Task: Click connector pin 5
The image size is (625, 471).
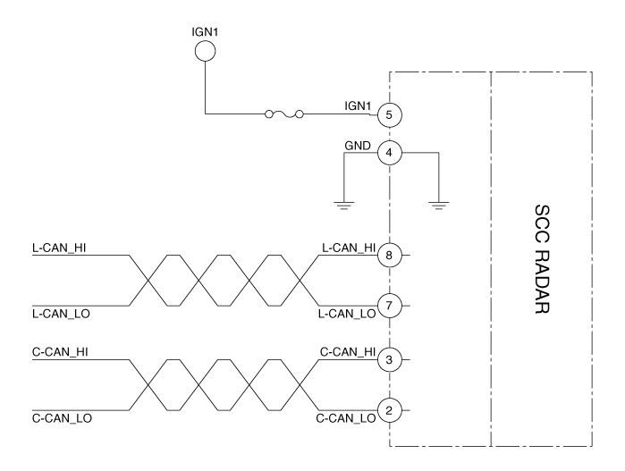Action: (x=389, y=114)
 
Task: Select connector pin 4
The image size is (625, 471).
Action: (x=389, y=153)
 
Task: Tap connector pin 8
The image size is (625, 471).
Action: (x=389, y=255)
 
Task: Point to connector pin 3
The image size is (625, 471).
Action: (x=389, y=359)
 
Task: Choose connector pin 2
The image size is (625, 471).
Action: (x=389, y=410)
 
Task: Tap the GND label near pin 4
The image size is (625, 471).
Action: (x=358, y=144)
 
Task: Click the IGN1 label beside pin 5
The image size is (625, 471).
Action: (x=359, y=106)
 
